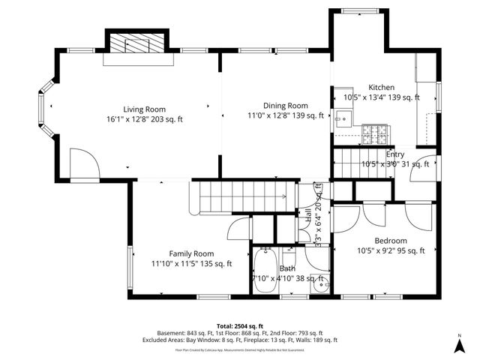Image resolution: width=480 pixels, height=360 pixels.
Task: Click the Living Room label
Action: click(145, 109)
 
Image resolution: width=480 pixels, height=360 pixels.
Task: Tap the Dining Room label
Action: click(286, 106)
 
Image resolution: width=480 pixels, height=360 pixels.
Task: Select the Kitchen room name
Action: click(381, 88)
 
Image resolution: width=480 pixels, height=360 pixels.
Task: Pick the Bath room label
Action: click(288, 268)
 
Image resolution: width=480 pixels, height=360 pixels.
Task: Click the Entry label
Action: click(395, 154)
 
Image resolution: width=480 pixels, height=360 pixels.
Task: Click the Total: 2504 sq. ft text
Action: click(239, 325)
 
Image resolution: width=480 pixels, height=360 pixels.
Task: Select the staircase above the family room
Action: click(243, 196)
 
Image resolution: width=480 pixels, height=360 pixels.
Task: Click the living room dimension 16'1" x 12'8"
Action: click(145, 118)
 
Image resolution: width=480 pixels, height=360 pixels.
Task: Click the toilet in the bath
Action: click(321, 283)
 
